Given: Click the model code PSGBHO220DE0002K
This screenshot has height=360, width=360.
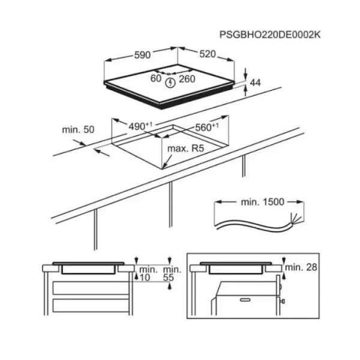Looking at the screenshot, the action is [x=270, y=35].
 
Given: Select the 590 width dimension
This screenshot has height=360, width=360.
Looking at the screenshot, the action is [x=142, y=55].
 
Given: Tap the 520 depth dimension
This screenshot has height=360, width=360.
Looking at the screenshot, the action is [x=208, y=54].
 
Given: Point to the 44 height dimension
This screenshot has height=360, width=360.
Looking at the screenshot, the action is [x=256, y=83].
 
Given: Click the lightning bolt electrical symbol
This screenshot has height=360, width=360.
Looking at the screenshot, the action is [x=170, y=83].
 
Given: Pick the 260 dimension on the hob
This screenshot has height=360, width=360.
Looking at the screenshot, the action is [x=187, y=79].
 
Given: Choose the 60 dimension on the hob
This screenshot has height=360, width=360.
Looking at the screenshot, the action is [x=156, y=78].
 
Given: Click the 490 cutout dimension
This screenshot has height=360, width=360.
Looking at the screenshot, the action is [x=140, y=126].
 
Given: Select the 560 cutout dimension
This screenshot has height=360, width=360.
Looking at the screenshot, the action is [x=207, y=127].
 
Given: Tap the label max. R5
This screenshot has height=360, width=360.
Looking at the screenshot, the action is [x=186, y=149].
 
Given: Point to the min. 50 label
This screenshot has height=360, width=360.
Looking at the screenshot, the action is [x=78, y=130].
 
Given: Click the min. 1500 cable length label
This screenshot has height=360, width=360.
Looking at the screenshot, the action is [x=263, y=202].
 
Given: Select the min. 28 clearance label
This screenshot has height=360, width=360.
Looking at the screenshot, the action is [x=301, y=267].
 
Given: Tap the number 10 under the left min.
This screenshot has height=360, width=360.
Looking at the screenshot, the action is [x=145, y=278].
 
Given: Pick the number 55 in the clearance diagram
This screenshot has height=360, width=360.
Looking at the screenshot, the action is [x=168, y=278].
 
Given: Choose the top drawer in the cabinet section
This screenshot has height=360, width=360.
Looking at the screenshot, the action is [x=91, y=288].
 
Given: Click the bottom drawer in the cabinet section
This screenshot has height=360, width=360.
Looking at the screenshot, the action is [x=91, y=305].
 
